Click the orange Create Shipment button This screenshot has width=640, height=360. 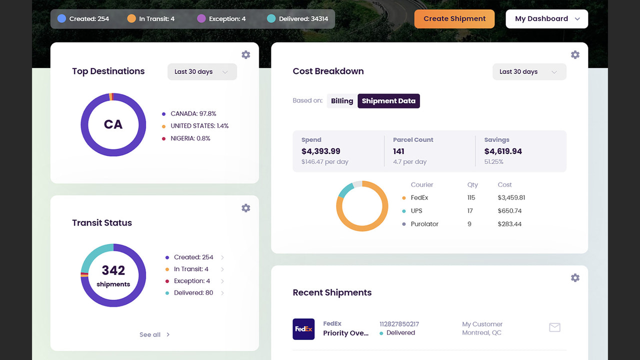tap(454, 19)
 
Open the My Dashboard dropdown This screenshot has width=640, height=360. tap(547, 19)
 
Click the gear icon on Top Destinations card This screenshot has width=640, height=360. tap(245, 55)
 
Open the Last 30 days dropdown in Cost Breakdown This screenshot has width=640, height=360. tap(529, 71)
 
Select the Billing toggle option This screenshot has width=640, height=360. tap(342, 101)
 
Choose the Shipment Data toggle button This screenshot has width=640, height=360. tap(388, 101)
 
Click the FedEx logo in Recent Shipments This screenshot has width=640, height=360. tap(303, 329)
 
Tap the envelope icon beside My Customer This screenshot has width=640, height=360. tap(554, 327)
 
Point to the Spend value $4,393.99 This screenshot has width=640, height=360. tap(321, 151)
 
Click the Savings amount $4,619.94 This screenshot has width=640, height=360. tap(503, 151)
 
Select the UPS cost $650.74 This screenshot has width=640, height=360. tap(509, 211)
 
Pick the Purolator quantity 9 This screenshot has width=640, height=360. tap(469, 224)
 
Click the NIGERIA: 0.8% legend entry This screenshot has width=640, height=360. tap(190, 138)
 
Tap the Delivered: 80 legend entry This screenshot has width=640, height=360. tap(193, 293)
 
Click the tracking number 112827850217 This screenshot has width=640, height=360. tap(399, 324)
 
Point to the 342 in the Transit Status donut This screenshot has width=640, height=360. tap(113, 270)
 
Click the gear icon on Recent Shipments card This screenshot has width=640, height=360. tap(575, 277)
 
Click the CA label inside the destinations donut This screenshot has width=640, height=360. tap(113, 124)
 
